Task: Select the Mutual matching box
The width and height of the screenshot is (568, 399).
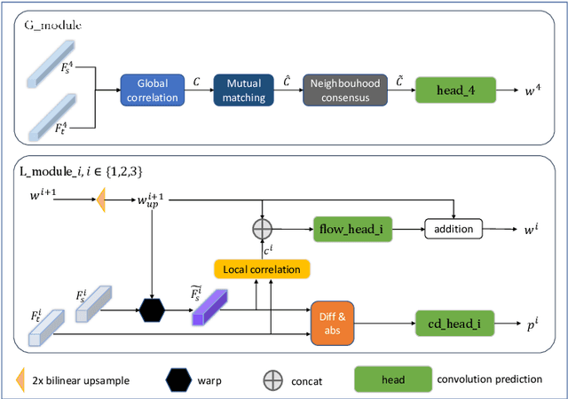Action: (243, 90)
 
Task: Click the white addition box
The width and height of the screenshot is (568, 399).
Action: (454, 229)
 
